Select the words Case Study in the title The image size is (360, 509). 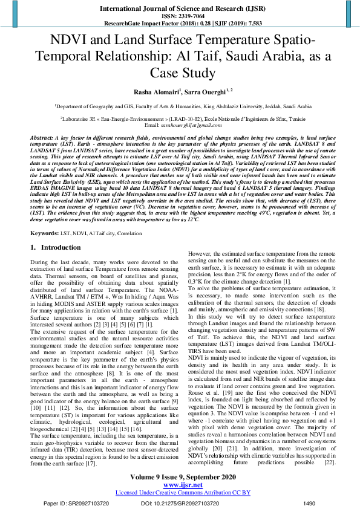[x=180, y=73]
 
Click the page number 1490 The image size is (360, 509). [x=309, y=502]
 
